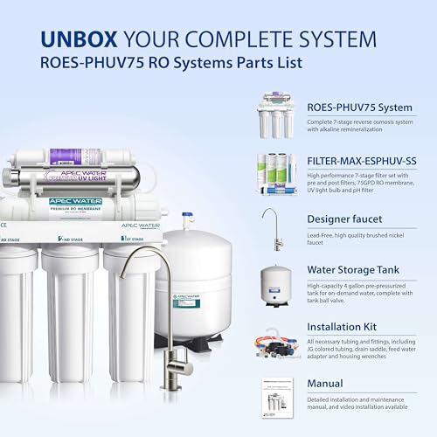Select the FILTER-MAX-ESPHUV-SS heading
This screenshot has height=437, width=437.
click(357, 163)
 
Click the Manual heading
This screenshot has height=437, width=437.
click(323, 383)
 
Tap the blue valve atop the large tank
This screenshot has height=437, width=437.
click(186, 220)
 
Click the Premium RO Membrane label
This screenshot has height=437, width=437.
click(74, 206)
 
